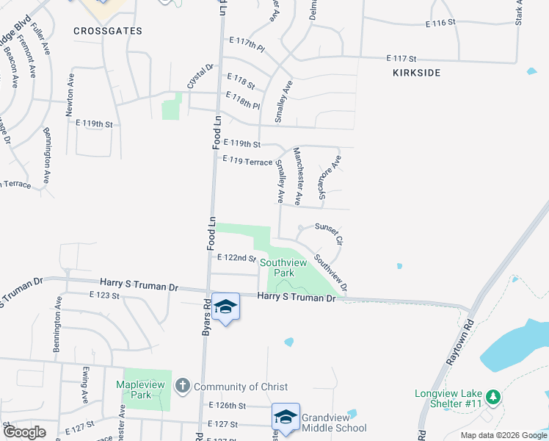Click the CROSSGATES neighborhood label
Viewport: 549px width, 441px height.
pyautogui.click(x=108, y=31)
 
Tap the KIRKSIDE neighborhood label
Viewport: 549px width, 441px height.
pyautogui.click(x=417, y=73)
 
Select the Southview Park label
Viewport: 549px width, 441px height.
pyautogui.click(x=284, y=267)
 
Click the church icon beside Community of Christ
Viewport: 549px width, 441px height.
pyautogui.click(x=182, y=386)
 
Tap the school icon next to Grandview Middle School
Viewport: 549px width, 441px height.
pyautogui.click(x=286, y=417)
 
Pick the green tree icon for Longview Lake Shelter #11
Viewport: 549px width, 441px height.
pyautogui.click(x=495, y=398)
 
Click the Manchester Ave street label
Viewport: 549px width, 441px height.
pyautogui.click(x=298, y=176)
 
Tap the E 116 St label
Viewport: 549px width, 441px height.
pyautogui.click(x=440, y=24)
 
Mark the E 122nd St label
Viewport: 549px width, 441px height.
pyautogui.click(x=236, y=258)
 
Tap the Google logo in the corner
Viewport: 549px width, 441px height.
pyautogui.click(x=24, y=432)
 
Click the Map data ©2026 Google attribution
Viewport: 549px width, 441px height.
pyautogui.click(x=503, y=435)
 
